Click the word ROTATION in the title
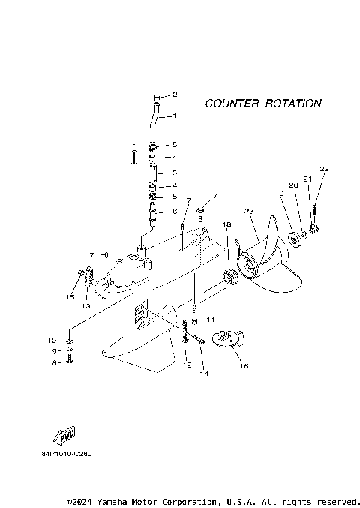[x=293, y=104]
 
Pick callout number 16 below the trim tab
[x=242, y=367]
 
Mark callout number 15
[x=70, y=297]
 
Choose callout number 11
[x=211, y=320]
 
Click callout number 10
[x=53, y=340]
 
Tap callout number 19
[x=279, y=194]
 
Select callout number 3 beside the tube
[x=174, y=173]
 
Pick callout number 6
[x=174, y=212]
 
